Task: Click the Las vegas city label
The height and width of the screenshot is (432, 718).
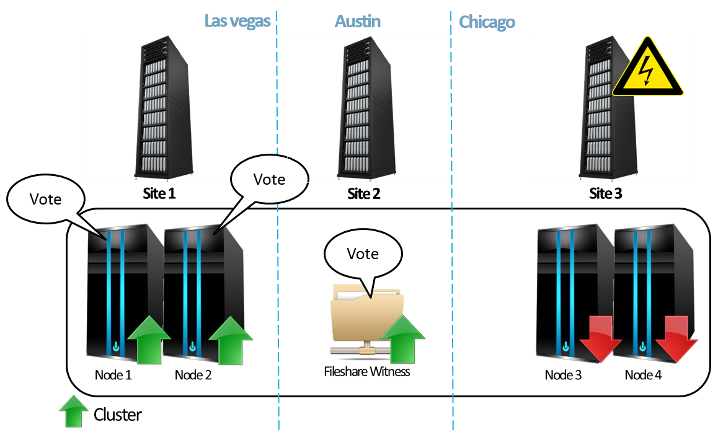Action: (x=237, y=22)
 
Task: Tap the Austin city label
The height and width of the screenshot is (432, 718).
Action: (x=358, y=22)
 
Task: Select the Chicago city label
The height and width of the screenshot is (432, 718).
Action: (x=487, y=23)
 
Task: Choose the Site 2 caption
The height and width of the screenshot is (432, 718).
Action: (x=363, y=193)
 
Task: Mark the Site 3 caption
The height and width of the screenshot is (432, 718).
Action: (x=605, y=193)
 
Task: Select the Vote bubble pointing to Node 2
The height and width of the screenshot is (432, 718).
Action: (x=269, y=179)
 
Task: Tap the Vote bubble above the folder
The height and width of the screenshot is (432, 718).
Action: (x=363, y=253)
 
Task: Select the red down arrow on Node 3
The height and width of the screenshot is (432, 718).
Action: (x=600, y=338)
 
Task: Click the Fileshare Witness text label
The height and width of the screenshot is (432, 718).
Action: (x=367, y=372)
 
